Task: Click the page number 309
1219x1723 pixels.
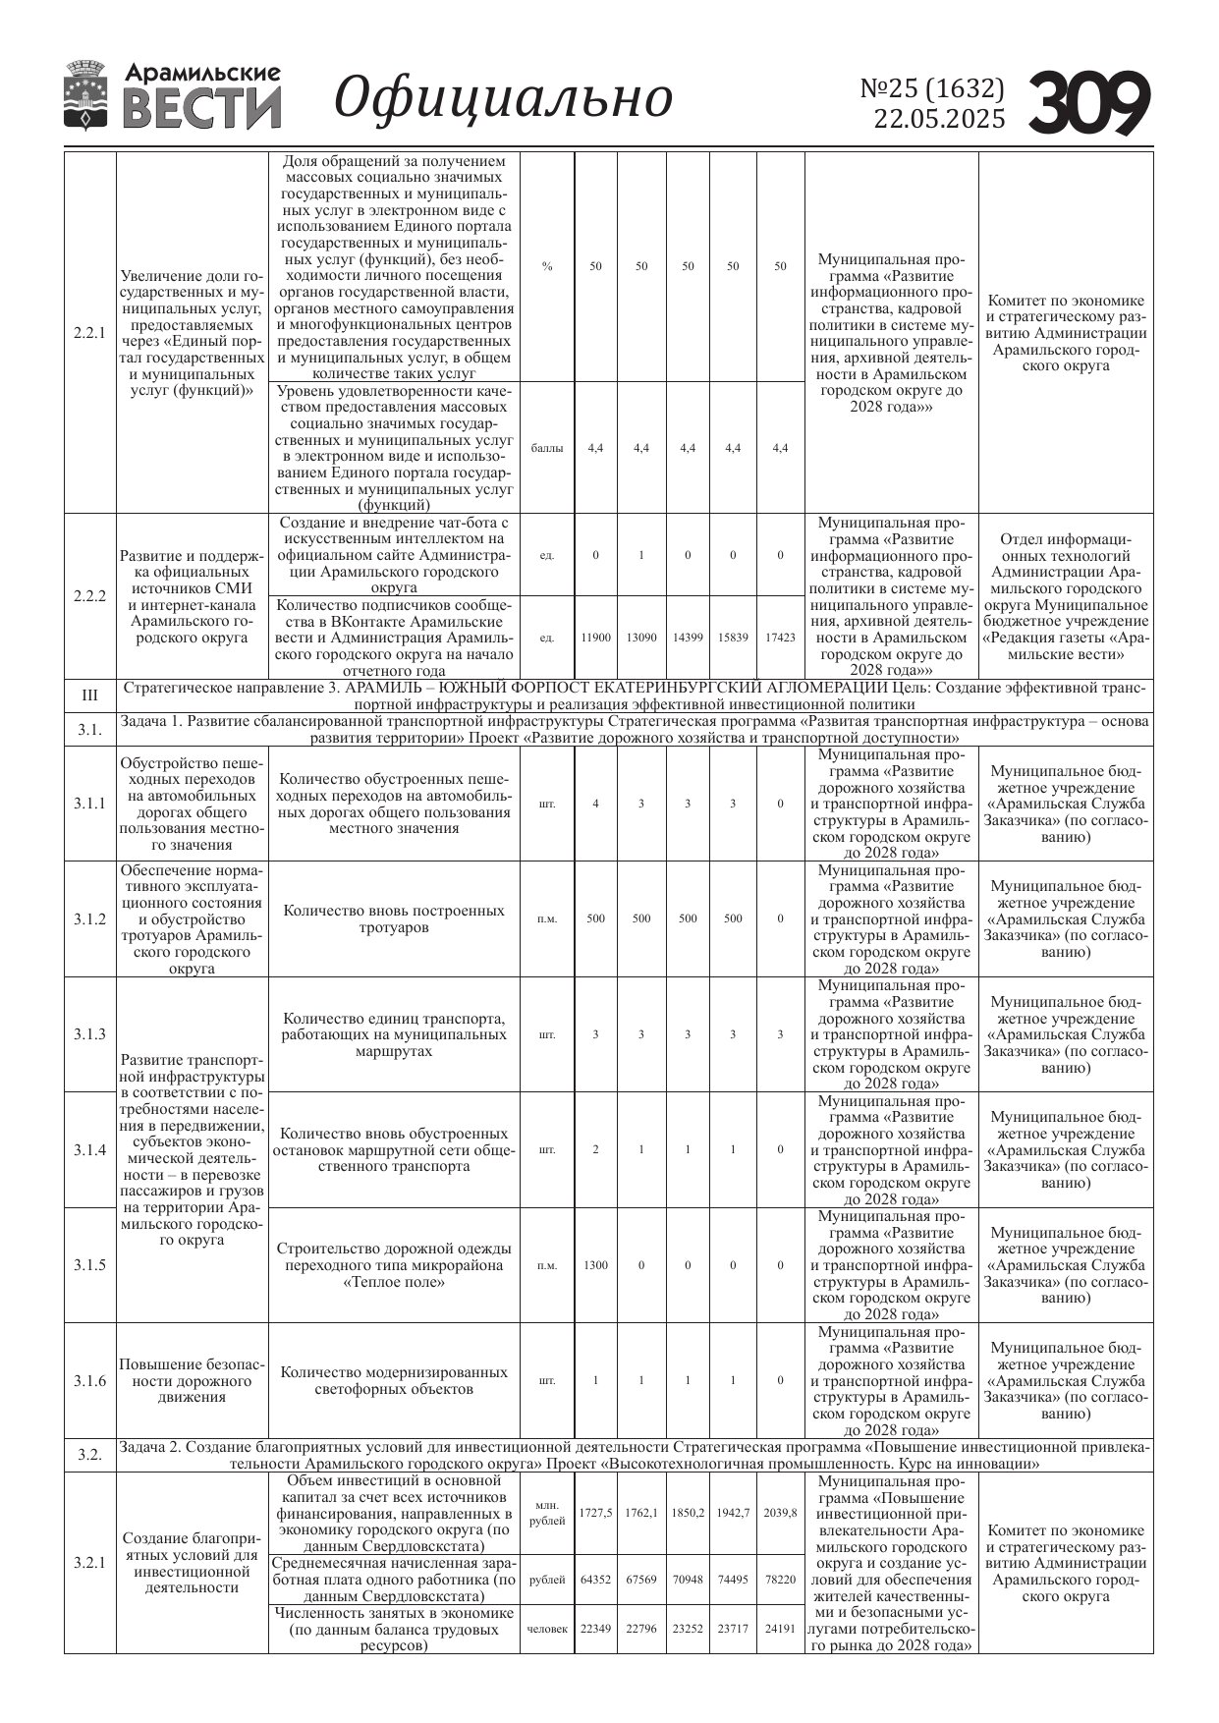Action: click(1089, 102)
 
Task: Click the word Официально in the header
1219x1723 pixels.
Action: click(504, 98)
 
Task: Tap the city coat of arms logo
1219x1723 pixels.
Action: click(86, 94)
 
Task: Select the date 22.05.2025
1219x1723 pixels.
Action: click(939, 119)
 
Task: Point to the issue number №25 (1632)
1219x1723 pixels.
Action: click(932, 88)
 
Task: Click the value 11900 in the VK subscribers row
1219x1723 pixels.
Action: click(595, 638)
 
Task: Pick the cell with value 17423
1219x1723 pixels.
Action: click(780, 638)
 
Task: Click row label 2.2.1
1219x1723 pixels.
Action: click(89, 332)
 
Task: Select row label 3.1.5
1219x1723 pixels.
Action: click(89, 1265)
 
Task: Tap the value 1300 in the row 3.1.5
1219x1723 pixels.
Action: click(595, 1265)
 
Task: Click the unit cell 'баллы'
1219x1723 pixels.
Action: click(547, 448)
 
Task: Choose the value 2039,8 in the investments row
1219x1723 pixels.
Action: click(780, 1513)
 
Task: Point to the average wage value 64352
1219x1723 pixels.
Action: click(595, 1581)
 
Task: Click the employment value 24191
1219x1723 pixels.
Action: click(780, 1629)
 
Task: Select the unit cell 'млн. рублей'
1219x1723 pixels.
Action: click(547, 1513)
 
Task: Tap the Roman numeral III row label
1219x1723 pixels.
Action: click(89, 695)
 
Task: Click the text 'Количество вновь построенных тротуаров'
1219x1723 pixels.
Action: click(394, 918)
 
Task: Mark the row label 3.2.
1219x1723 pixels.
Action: click(89, 1456)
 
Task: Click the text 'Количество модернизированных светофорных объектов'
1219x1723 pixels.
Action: click(394, 1380)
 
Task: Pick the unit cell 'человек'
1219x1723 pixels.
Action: click(547, 1629)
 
